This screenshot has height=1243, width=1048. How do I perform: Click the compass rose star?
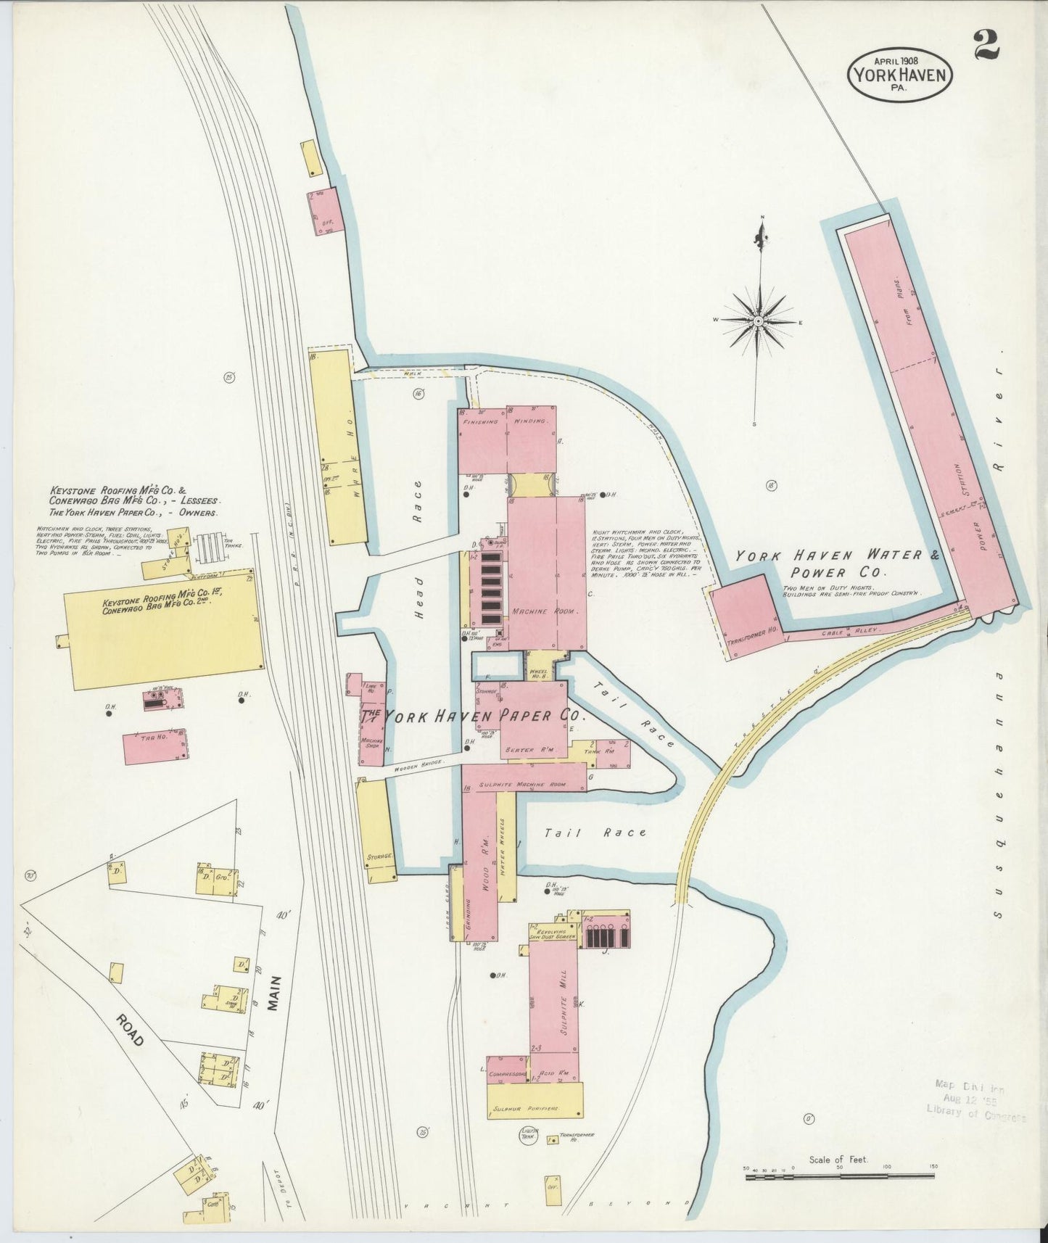pos(757,320)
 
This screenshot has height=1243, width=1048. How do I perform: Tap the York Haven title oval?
pos(899,73)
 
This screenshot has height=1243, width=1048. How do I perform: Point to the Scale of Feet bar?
pos(839,1176)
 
